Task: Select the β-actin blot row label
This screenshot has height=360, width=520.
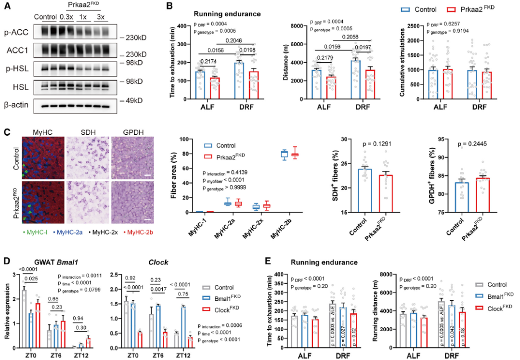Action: [x=16, y=104]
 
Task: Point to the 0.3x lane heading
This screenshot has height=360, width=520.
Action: [x=66, y=17]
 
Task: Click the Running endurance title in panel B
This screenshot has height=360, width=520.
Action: [x=227, y=13]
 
